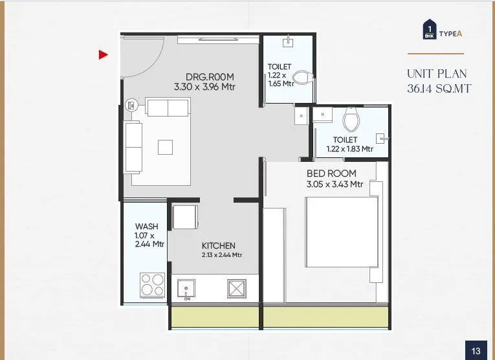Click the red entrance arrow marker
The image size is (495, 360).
point(103,55)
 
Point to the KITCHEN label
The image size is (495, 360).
point(218,245)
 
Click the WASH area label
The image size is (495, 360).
point(146,226)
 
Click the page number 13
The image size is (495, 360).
point(476,351)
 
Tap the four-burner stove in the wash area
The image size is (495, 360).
point(153,284)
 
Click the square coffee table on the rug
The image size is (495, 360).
point(166,147)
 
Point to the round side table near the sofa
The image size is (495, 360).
point(131,104)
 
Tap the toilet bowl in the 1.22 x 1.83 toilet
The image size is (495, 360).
point(350,119)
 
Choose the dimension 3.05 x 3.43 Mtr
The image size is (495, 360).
point(335,185)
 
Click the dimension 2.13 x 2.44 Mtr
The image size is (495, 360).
point(221,255)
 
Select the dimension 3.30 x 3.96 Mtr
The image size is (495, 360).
point(204,85)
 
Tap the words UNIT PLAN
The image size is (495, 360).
point(437,74)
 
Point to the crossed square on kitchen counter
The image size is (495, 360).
point(236,288)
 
